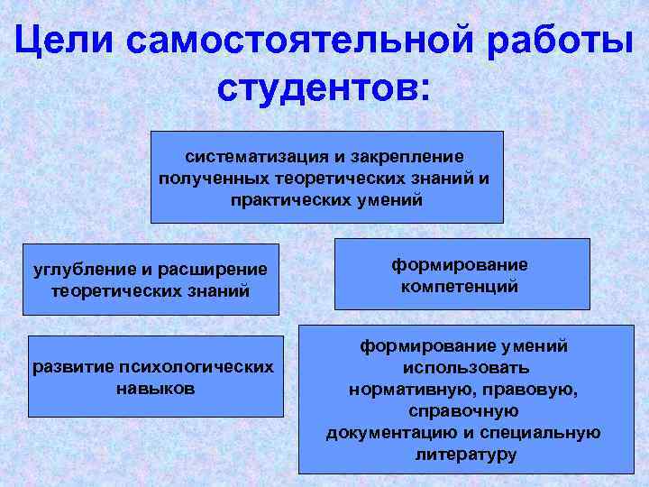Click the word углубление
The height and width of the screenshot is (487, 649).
pos(82,270)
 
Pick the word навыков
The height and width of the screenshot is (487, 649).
pos(153,389)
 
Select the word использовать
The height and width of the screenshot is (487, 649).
pos(465,368)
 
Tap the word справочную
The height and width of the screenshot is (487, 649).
pos(465,411)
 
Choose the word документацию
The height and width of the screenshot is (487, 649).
pos(385,433)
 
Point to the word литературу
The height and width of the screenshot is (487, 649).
pos(465,455)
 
